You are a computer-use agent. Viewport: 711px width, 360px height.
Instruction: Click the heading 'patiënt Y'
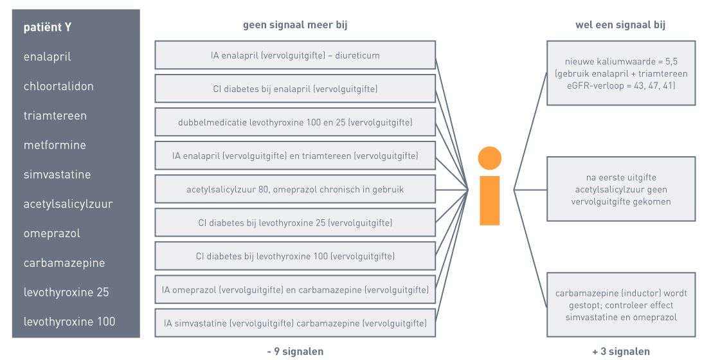click(x=47, y=27)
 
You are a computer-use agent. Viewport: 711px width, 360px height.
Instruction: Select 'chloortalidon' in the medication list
click(x=59, y=86)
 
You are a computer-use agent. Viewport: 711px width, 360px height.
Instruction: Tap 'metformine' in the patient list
click(x=55, y=145)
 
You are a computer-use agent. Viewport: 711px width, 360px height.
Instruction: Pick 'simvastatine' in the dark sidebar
click(x=57, y=175)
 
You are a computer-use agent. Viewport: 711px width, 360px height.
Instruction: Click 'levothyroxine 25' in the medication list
click(x=66, y=292)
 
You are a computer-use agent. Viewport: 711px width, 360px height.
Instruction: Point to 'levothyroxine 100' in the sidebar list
click(x=69, y=322)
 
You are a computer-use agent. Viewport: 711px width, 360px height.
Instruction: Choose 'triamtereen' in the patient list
click(x=55, y=116)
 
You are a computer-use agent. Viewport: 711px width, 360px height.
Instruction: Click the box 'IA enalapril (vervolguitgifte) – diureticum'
click(x=295, y=55)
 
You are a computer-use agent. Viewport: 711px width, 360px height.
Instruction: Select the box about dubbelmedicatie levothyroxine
click(x=295, y=122)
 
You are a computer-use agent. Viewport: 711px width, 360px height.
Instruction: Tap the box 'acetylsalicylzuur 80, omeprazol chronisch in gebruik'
click(x=295, y=189)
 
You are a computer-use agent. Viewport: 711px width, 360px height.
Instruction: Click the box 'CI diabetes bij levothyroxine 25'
click(x=295, y=222)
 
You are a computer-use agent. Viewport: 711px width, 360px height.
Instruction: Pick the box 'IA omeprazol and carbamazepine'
click(x=295, y=290)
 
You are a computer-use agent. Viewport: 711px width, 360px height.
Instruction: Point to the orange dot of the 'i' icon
click(x=490, y=159)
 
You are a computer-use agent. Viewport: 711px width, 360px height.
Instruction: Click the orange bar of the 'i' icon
click(x=490, y=201)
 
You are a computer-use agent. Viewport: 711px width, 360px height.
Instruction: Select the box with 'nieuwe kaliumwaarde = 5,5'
click(x=621, y=73)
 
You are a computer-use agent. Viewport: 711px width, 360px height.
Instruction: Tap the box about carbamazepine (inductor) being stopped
click(x=621, y=305)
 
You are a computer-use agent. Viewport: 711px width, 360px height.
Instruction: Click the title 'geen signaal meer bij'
click(x=295, y=25)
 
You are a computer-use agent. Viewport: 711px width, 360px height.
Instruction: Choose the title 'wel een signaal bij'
click(x=620, y=25)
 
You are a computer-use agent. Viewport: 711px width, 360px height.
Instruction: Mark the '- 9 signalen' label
click(x=295, y=352)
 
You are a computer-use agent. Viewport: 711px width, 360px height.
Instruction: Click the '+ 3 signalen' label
click(x=621, y=352)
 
